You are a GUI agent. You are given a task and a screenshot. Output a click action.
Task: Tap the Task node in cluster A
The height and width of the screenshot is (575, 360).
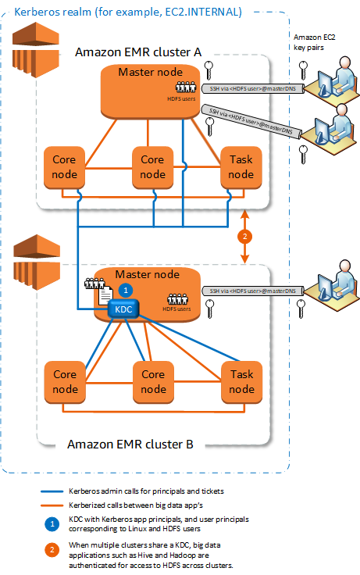point(240,166)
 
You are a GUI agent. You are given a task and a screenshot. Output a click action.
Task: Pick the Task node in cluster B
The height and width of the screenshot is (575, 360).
point(240,381)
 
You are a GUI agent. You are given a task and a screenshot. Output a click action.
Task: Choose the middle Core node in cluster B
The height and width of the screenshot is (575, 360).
point(152,381)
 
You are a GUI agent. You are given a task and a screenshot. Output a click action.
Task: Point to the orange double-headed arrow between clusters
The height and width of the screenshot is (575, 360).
point(246,236)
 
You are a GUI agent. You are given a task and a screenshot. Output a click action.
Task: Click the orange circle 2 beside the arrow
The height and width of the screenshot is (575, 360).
point(246,236)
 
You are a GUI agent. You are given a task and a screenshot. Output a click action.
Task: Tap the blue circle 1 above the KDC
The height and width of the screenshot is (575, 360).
point(123,288)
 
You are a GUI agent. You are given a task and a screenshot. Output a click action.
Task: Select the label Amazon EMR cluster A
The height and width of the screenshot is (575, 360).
point(138,52)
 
